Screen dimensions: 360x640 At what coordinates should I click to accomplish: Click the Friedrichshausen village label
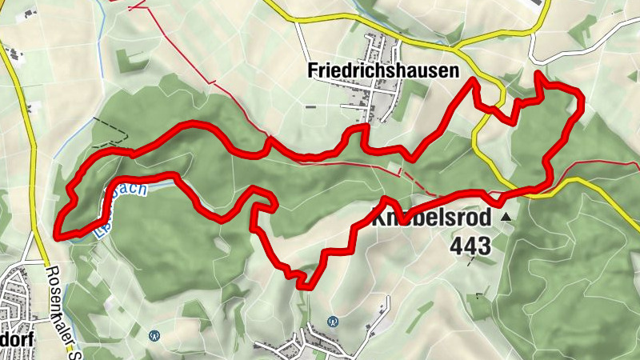point(383,70)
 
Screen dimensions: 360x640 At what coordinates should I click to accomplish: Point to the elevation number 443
point(470,246)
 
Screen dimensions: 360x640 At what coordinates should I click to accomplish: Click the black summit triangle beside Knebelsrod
point(505,216)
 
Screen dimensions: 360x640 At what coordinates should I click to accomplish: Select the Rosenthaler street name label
point(55,312)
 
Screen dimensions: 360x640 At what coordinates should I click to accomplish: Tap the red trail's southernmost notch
point(302,284)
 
